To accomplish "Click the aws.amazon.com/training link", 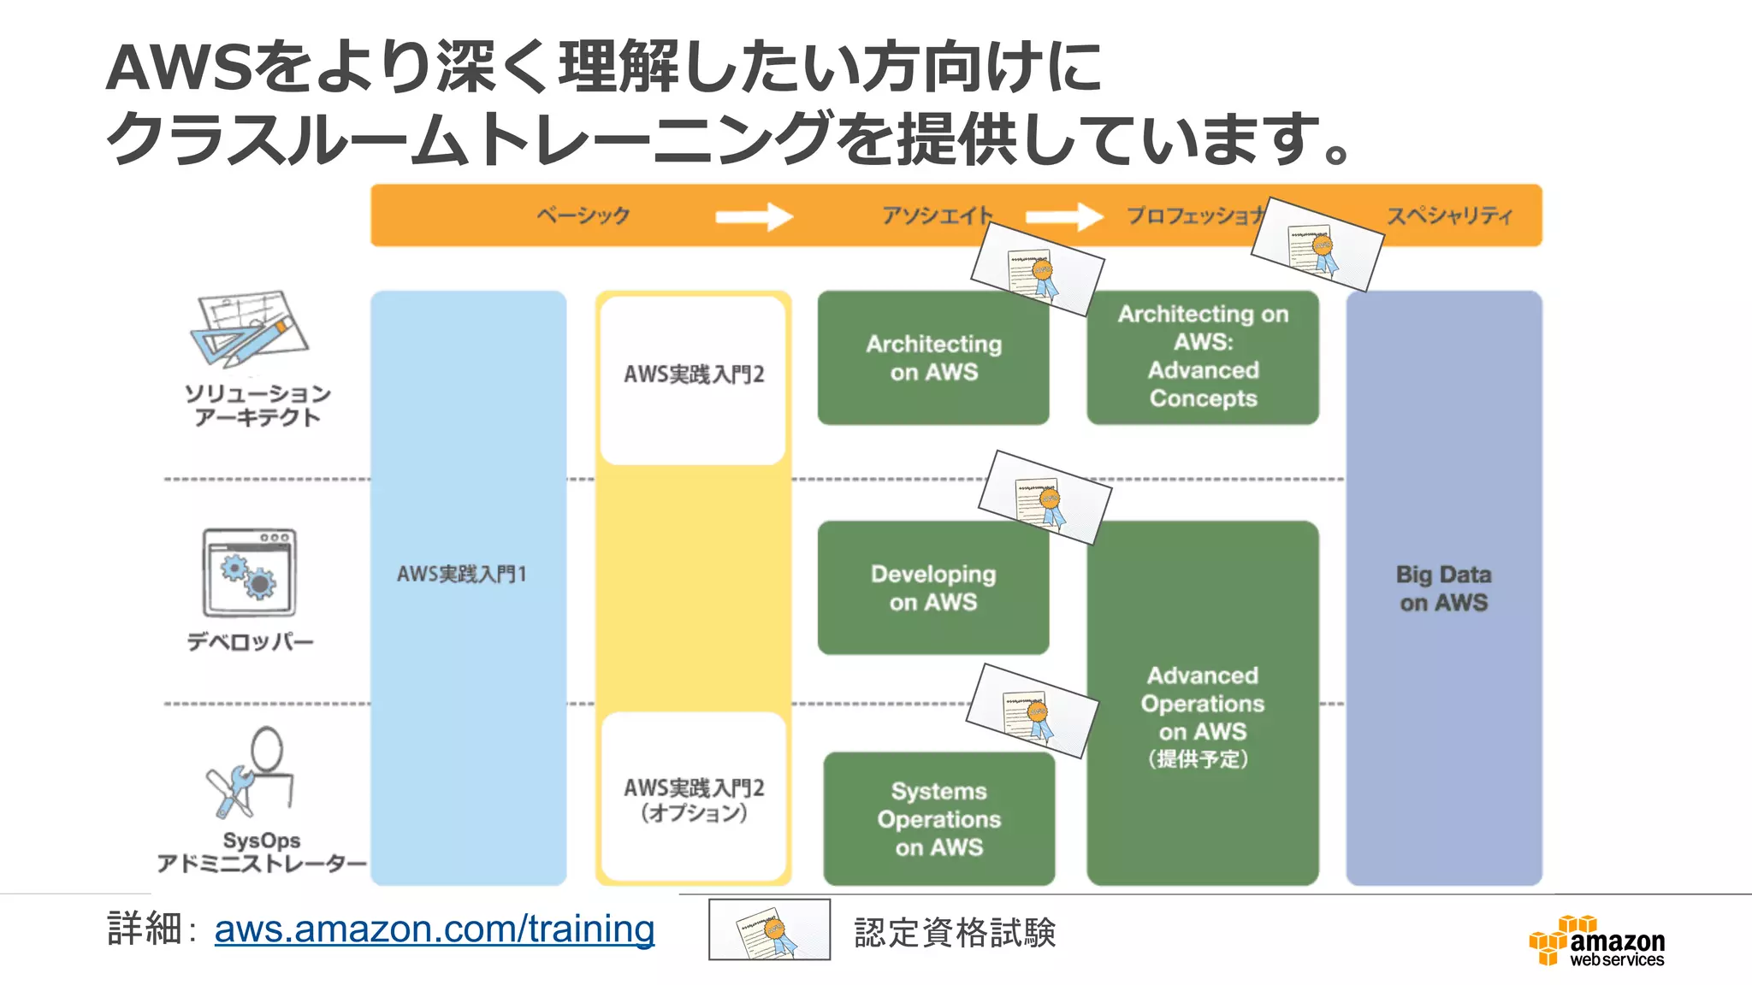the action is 434,929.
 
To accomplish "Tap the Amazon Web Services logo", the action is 1596,941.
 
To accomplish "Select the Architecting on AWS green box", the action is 932,358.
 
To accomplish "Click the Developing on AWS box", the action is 932,588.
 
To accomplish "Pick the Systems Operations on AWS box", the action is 938,819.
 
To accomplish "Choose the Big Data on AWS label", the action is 1443,588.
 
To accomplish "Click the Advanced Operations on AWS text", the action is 1202,704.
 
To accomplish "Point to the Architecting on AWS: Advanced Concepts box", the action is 1202,357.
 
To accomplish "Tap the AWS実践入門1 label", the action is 461,574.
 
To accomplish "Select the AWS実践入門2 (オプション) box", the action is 693,799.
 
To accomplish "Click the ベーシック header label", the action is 583,215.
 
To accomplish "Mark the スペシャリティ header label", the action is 1449,215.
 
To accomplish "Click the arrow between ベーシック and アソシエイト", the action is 754,216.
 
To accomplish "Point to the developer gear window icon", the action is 250,573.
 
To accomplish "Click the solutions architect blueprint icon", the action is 249,330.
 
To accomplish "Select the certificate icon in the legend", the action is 769,930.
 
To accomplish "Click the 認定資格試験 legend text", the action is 955,932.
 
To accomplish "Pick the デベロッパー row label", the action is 251,641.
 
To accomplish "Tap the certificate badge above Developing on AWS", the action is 1045,498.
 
